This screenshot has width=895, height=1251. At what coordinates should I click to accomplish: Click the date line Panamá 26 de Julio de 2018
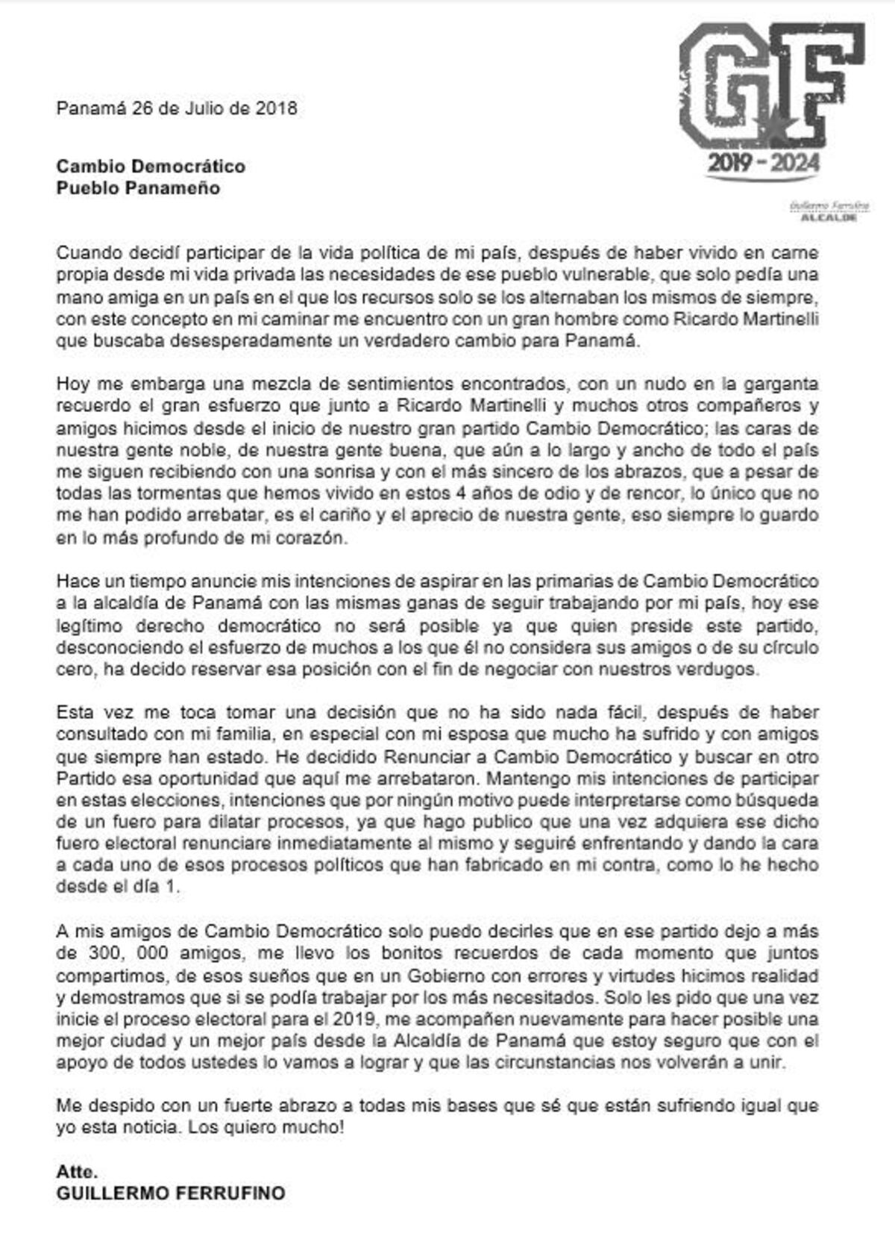[177, 109]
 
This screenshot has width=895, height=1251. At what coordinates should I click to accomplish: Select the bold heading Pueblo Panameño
[138, 188]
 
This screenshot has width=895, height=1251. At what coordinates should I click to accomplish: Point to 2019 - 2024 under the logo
[764, 163]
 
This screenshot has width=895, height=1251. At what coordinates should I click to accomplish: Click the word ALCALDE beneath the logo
[828, 218]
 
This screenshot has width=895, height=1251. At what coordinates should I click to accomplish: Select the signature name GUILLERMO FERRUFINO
[170, 1194]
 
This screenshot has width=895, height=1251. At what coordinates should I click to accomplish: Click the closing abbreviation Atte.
[77, 1171]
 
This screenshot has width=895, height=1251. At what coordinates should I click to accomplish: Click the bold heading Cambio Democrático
[151, 166]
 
